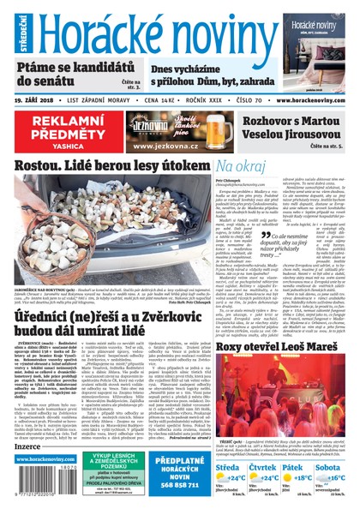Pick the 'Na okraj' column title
(x=239, y=165)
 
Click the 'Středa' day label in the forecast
(x=229, y=445)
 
